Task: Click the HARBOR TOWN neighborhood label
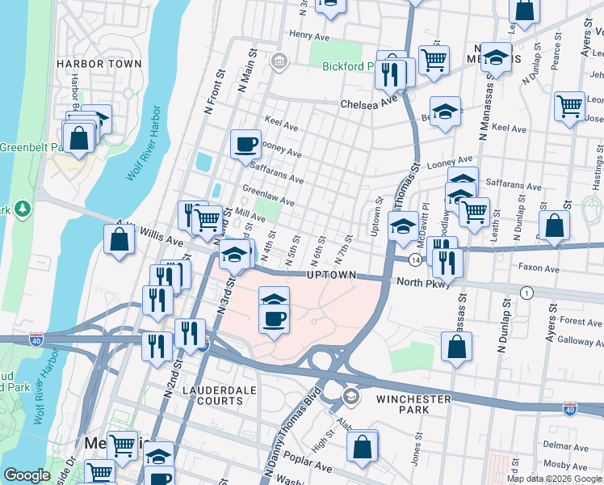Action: click(x=99, y=64)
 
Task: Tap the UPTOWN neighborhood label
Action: click(x=330, y=276)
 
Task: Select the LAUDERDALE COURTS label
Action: click(x=213, y=395)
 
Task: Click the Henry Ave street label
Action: click(x=311, y=36)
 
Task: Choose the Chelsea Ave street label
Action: click(x=370, y=104)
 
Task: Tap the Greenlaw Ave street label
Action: click(x=268, y=194)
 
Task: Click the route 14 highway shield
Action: click(x=413, y=259)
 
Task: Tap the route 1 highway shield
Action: click(x=526, y=292)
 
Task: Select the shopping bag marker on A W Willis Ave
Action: click(x=119, y=240)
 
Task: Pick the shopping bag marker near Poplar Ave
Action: click(x=363, y=445)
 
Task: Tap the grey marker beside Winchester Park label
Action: click(x=351, y=395)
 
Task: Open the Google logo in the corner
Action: click(x=27, y=475)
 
